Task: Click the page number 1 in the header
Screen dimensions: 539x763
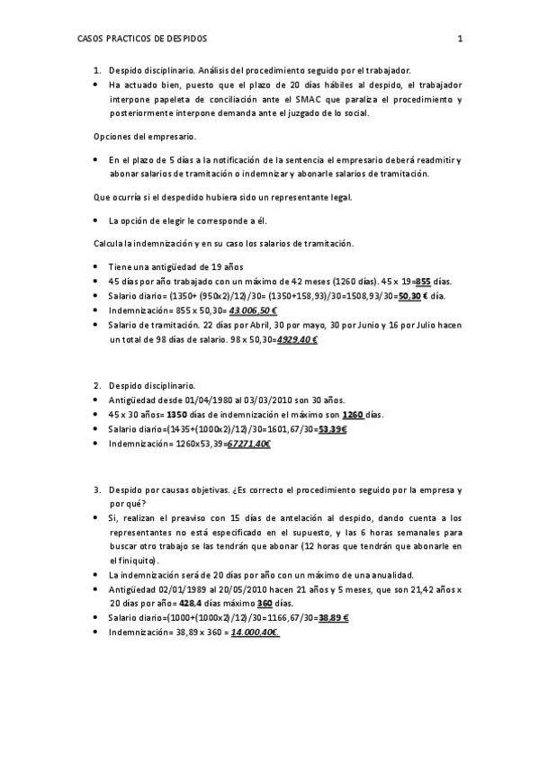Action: point(460,40)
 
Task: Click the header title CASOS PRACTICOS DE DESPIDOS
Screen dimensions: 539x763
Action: point(142,40)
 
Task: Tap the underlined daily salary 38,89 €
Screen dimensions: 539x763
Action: point(334,618)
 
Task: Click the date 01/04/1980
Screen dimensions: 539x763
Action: point(209,399)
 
